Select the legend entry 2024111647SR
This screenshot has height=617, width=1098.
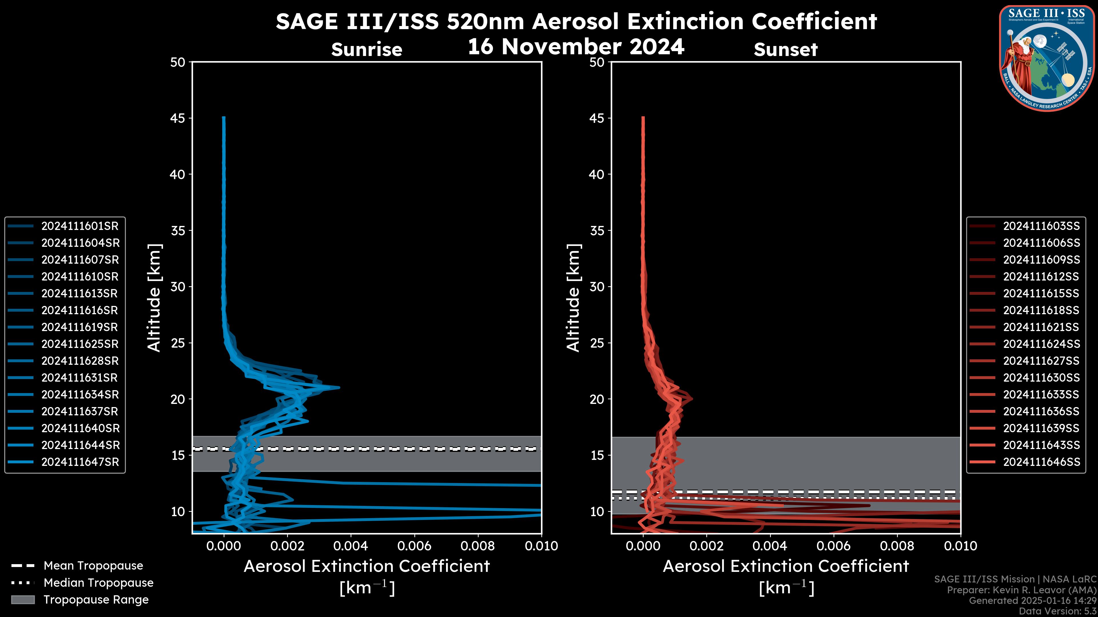point(80,462)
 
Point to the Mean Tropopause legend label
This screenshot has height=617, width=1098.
point(93,566)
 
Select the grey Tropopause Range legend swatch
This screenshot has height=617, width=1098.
point(23,600)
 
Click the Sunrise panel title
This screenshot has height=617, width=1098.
point(367,50)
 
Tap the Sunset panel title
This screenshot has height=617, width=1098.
point(785,50)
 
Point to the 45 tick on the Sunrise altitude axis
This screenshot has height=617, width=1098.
point(178,118)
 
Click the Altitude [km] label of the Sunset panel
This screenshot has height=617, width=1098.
point(574,298)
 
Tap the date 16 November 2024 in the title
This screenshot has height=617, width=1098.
point(576,47)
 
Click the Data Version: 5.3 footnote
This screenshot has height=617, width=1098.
point(1057,611)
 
